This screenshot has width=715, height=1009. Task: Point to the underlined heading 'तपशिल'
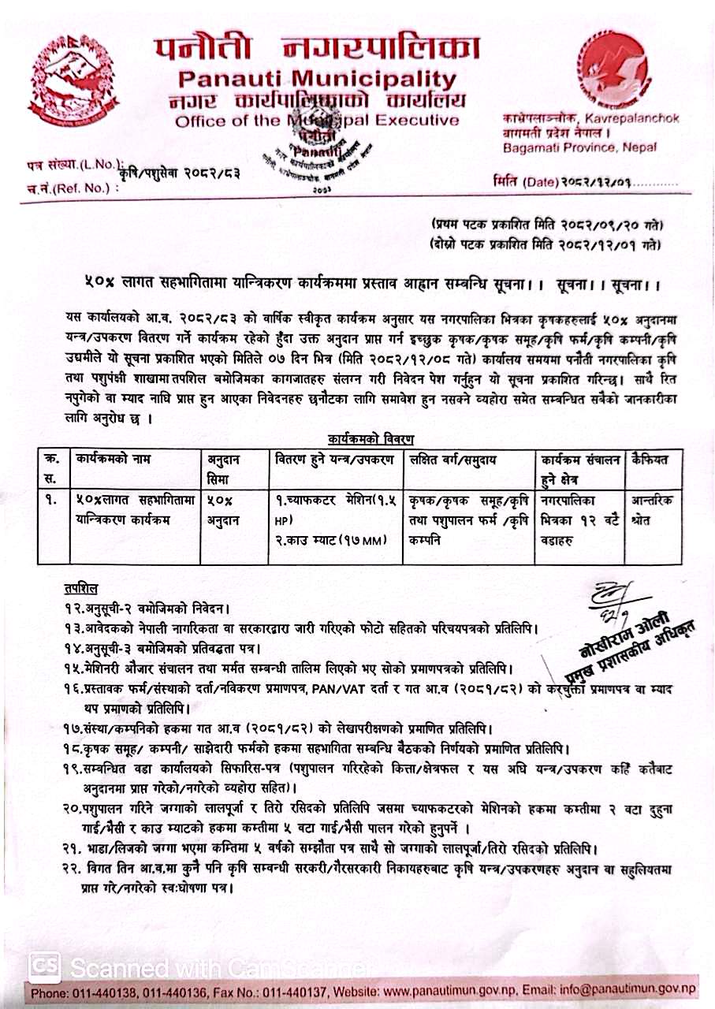coord(81,589)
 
